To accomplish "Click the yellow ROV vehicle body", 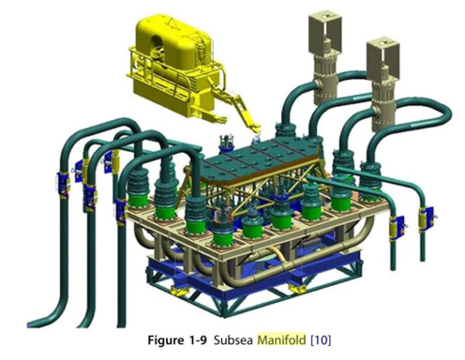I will [168, 42].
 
